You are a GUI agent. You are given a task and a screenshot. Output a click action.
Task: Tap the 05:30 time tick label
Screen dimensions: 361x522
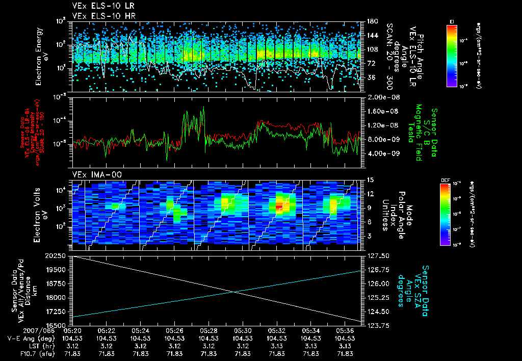coord(243,330)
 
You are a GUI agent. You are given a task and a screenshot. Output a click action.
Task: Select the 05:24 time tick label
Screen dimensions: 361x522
coord(140,330)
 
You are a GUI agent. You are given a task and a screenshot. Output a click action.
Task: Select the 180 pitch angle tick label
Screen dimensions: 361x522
coord(372,21)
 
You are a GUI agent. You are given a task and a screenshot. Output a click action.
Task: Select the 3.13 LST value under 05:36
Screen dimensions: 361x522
coord(345,345)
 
